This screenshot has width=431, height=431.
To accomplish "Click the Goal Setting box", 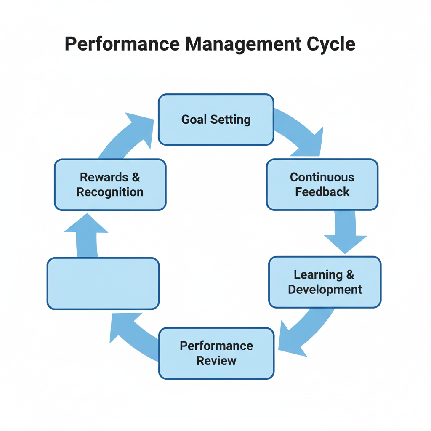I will click(x=216, y=120).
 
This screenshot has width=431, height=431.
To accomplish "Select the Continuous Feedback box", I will click(x=322, y=184).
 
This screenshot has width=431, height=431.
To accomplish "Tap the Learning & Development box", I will click(x=325, y=282).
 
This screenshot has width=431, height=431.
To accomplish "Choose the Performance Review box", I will click(x=216, y=353).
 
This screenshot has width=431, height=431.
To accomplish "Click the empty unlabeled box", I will click(x=103, y=283).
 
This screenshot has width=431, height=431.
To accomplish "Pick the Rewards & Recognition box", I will click(x=110, y=184).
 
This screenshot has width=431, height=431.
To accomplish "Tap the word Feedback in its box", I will click(x=322, y=192).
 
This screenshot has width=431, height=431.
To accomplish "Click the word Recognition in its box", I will click(x=110, y=192).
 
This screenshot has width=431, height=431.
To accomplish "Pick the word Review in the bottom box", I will click(x=216, y=361).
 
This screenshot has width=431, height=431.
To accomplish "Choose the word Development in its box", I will click(x=325, y=290).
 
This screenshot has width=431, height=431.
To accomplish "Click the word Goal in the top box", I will click(x=194, y=120).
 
